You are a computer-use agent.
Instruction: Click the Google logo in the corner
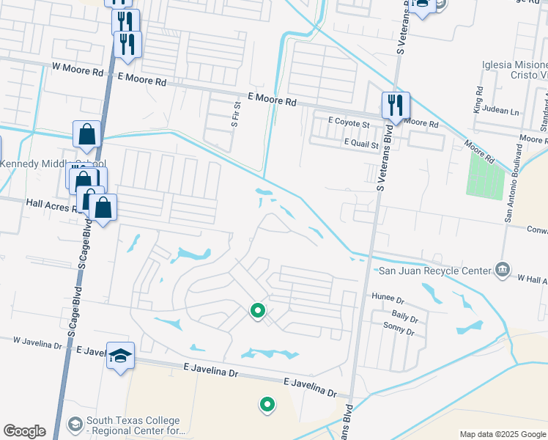[24, 431]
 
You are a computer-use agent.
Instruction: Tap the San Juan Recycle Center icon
[502, 268]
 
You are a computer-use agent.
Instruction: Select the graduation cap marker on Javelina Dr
[121, 356]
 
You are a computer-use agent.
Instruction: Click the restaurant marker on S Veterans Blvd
[396, 106]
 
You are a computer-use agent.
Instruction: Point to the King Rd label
[479, 100]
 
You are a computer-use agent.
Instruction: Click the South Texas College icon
[75, 424]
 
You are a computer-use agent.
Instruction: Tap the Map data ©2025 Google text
[502, 434]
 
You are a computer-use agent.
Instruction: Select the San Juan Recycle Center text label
[434, 271]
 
